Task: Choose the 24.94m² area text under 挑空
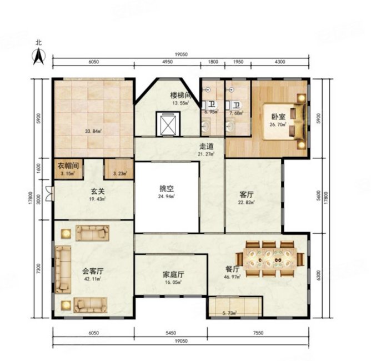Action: pos(166,197)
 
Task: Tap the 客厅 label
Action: pos(247,194)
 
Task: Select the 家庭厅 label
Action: pos(173,274)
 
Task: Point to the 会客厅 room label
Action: pos(93,271)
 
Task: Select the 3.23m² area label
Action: pos(119,173)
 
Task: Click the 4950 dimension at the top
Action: pos(168,63)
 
